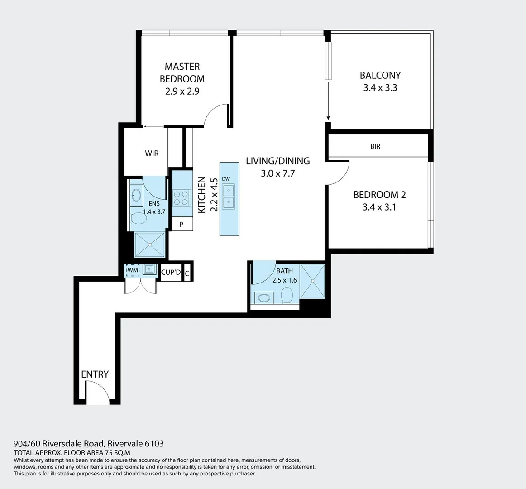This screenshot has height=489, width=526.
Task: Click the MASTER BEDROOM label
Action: [182, 72]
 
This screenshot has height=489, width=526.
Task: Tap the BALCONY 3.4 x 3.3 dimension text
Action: [380, 88]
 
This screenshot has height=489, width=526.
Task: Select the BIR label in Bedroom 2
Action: [375, 146]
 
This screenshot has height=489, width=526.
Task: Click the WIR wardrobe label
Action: [152, 153]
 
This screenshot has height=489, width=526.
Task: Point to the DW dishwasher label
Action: [225, 179]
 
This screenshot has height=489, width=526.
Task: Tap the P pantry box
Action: [181, 224]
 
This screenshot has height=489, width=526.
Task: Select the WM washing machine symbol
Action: [133, 270]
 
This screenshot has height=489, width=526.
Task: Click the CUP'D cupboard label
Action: [171, 272]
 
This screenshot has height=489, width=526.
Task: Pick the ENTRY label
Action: [95, 374]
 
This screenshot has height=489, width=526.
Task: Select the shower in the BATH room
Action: [313, 281]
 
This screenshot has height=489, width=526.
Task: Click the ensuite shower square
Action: [149, 245]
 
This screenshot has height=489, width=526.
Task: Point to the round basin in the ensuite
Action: [136, 196]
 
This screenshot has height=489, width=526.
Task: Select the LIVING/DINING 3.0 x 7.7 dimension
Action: [277, 173]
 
